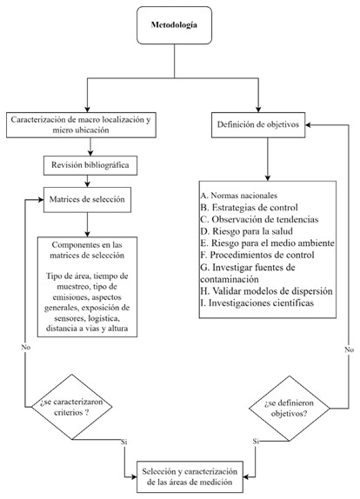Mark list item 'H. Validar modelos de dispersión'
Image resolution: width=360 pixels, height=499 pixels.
265,292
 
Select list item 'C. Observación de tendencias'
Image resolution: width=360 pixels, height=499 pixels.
257,220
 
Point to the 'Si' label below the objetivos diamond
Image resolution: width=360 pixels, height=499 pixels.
256,441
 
